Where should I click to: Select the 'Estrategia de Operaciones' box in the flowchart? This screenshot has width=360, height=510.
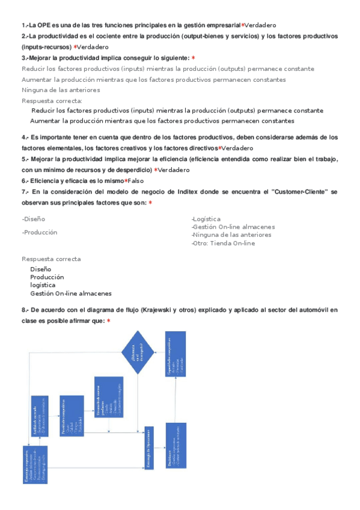[x=149, y=447]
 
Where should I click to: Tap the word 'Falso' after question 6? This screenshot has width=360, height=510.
[x=136, y=181]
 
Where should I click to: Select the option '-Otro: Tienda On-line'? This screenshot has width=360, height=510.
[x=222, y=243]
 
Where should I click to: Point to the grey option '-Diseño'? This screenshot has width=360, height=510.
[x=34, y=219]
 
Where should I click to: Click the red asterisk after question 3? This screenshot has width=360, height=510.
[x=193, y=58]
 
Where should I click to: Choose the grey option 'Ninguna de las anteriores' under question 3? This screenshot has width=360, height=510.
[x=61, y=90]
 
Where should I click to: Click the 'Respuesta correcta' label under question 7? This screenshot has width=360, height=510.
[x=51, y=259]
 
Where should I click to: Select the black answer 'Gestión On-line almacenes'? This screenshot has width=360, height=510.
[x=71, y=293]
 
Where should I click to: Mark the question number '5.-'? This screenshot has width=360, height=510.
[x=25, y=159]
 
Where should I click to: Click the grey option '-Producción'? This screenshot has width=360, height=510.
[x=40, y=232]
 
